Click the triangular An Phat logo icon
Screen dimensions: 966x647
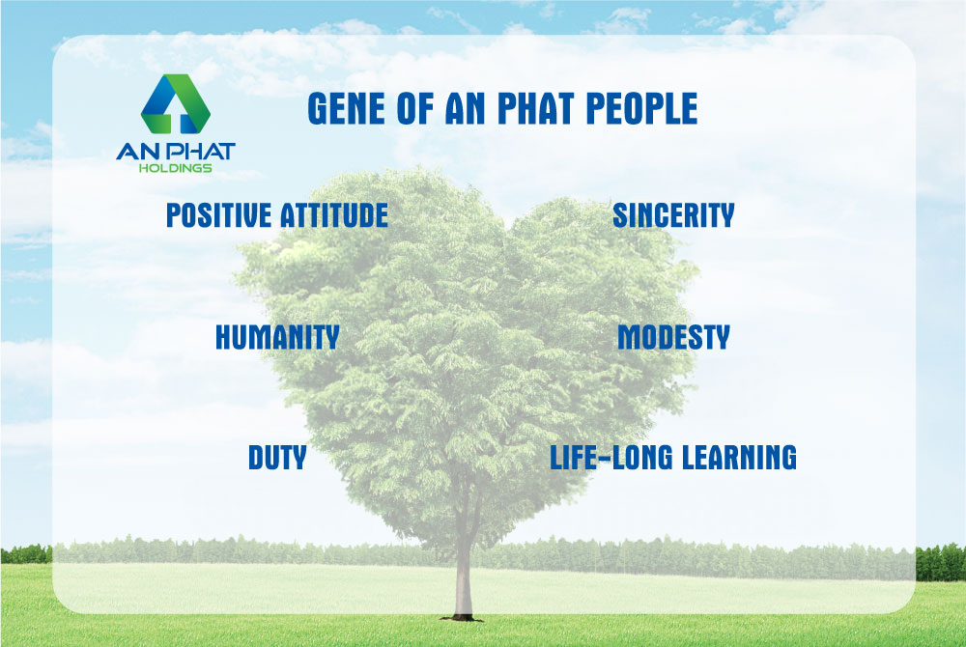coord(176,104)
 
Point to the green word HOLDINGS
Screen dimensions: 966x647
coord(176,168)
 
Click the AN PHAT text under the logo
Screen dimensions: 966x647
coord(176,152)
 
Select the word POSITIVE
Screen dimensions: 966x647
coord(218,214)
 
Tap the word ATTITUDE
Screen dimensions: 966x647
coord(334,214)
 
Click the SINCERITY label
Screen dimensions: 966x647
coord(673,214)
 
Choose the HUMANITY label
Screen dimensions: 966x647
coord(277,337)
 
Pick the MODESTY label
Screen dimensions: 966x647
coord(673,337)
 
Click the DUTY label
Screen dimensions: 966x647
coord(277,458)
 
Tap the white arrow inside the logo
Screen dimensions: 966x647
coord(176,115)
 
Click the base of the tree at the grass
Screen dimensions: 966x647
coord(462,616)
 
